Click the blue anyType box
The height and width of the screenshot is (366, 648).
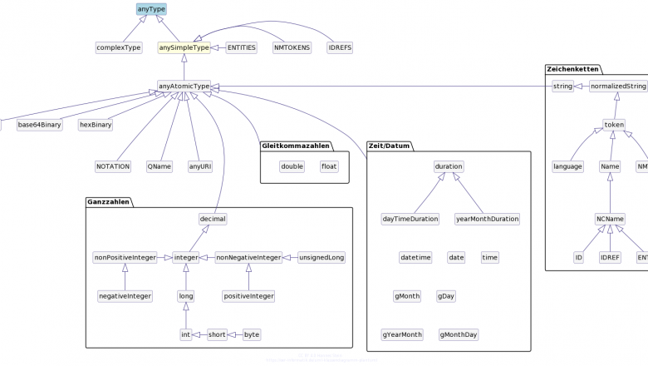pyautogui.click(x=151, y=9)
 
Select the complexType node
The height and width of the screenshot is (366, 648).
pyautogui.click(x=119, y=47)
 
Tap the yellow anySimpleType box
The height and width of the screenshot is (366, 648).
pyautogui.click(x=184, y=47)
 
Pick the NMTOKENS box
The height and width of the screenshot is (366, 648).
pyautogui.click(x=292, y=47)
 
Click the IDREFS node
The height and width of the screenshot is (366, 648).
pyautogui.click(x=340, y=47)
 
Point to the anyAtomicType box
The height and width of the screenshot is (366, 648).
pyautogui.click(x=184, y=86)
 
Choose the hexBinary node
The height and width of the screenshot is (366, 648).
pyautogui.click(x=96, y=125)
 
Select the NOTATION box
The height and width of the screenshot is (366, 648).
pyautogui.click(x=113, y=166)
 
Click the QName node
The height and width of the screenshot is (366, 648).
pyautogui.click(x=160, y=166)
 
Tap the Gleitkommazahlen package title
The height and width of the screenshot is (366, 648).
pyautogui.click(x=297, y=146)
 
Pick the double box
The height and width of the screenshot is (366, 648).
pyautogui.click(x=292, y=166)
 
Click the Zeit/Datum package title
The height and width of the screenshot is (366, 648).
pyautogui.click(x=389, y=146)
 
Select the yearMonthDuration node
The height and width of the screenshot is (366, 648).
pyautogui.click(x=488, y=219)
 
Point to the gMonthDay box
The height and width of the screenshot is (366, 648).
pyautogui.click(x=459, y=334)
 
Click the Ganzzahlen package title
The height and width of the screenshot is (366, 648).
pyautogui.click(x=108, y=201)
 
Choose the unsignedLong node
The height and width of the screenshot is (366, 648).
pyautogui.click(x=322, y=257)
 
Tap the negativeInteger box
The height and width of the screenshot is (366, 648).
pyautogui.click(x=125, y=295)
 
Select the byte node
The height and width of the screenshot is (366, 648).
pyautogui.click(x=252, y=334)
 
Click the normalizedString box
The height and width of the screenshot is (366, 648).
pyautogui.click(x=618, y=86)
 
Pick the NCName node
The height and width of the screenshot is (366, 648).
pyautogui.click(x=610, y=219)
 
